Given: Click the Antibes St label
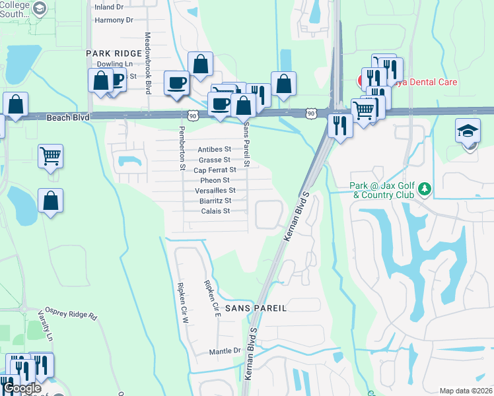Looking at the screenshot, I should point(215,149).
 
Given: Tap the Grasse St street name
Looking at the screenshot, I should point(215,160).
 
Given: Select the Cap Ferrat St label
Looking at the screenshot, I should point(215,170).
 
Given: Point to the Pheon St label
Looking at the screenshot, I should point(215,180).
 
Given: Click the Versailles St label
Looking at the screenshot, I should point(215,191).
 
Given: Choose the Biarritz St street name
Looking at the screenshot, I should point(215,201).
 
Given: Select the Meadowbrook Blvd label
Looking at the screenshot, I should point(148,63).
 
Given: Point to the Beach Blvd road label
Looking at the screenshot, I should point(67,117).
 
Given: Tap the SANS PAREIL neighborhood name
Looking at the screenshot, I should point(256,308).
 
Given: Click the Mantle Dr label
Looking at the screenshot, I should point(226,351).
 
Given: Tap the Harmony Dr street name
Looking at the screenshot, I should point(114,20).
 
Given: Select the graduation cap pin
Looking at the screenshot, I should point(468,131).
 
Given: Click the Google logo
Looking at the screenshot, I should point(22,389).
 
